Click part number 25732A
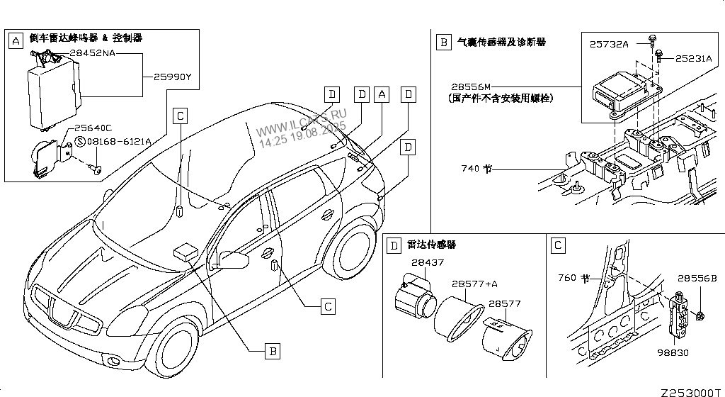coord(609,44)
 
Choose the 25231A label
coord(693,59)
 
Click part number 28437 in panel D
coord(428,263)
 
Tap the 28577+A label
coord(475,284)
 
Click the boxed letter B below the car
coord(272,349)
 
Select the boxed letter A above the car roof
coord(382,94)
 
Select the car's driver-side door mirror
coord(234,260)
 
